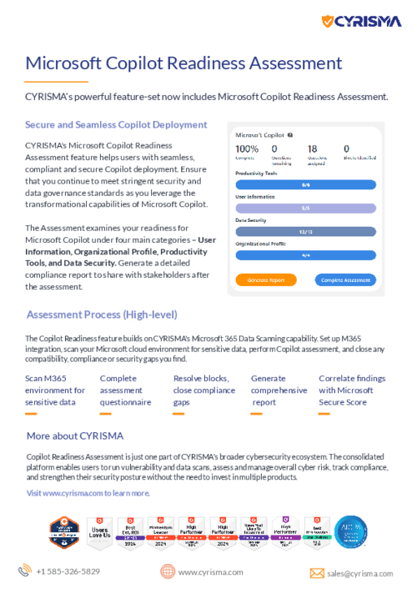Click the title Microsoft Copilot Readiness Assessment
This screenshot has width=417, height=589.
183,63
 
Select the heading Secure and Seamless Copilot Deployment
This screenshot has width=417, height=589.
116,124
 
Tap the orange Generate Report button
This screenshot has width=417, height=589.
266,280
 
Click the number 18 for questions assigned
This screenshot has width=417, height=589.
312,149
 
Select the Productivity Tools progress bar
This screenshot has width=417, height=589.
305,184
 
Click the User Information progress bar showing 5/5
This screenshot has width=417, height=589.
305,208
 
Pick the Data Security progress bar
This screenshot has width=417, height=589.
305,231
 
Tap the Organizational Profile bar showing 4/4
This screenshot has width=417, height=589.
305,254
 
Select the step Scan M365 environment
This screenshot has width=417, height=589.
55,390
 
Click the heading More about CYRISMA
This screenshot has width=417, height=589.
75,435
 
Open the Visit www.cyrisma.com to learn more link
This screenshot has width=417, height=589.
88,493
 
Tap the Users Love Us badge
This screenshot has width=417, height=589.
99,532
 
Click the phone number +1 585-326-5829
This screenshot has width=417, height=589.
68,571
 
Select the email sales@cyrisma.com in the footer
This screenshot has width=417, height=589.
359,573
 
